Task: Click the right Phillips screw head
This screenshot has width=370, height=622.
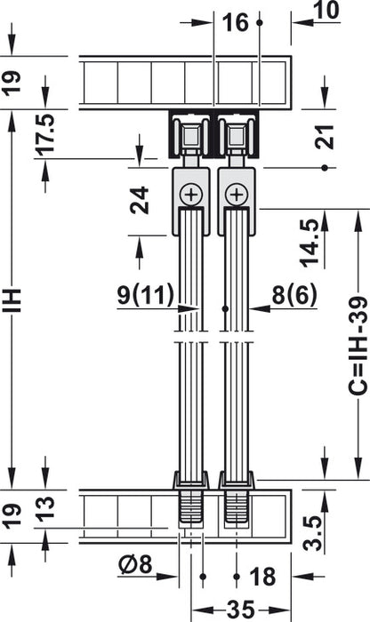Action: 235,194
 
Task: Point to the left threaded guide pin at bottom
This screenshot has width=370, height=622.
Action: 190,507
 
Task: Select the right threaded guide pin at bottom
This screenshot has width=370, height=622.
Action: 236,507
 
